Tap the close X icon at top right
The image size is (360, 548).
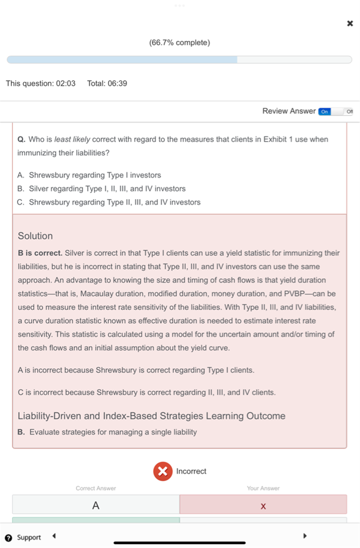point(350,23)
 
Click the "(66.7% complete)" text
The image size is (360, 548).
point(180,42)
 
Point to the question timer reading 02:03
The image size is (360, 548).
point(66,83)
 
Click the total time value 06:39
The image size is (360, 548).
point(117,83)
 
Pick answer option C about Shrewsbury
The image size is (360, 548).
point(114,202)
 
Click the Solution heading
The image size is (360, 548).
point(35,236)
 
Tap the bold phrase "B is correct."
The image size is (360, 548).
point(40,253)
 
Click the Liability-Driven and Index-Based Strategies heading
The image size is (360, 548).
point(151,416)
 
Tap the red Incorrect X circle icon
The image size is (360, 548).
point(163,471)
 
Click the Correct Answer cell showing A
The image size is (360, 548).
point(96,505)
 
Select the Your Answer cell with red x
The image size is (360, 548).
point(263,505)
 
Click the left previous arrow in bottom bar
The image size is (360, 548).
point(54,536)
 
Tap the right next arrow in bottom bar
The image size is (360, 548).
point(305,536)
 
